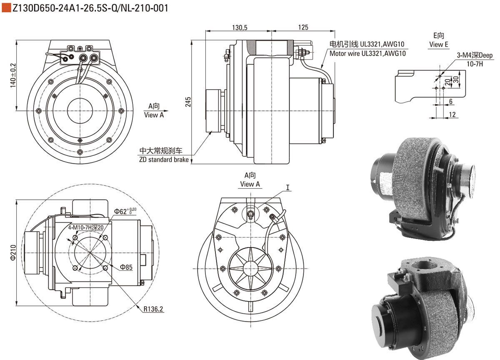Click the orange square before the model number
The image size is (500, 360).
6,7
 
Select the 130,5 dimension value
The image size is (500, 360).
240,27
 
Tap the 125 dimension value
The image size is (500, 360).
304,27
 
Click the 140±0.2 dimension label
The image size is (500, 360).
12,75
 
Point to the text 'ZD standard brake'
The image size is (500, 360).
164,160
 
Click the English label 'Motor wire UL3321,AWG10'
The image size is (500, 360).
367,53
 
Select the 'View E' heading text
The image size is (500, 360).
439,45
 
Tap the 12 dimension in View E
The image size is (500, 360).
452,115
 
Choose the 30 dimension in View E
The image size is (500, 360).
456,79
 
